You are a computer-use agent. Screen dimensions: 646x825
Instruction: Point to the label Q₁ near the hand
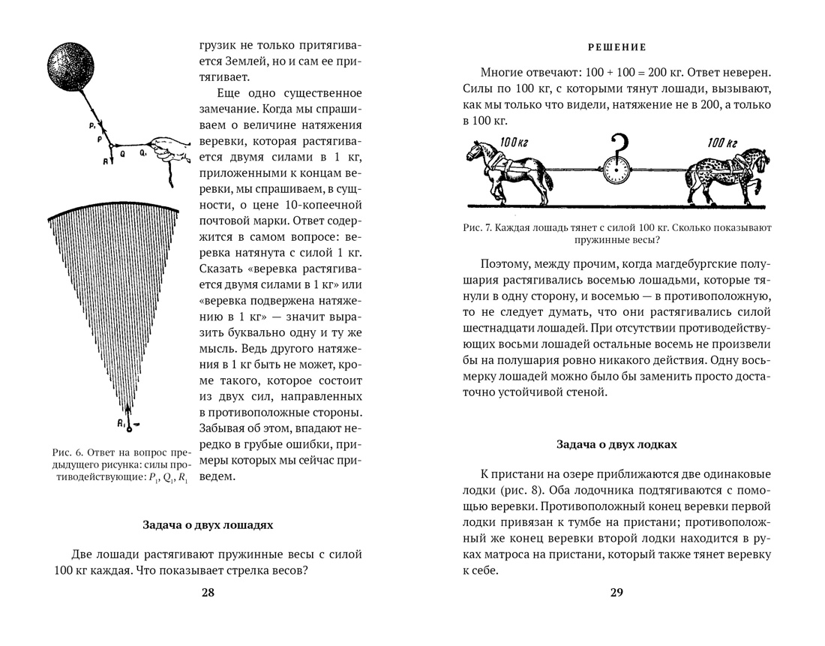142,152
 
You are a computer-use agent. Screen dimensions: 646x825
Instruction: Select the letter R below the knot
106,160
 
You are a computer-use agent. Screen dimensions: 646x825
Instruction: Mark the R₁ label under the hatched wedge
120,425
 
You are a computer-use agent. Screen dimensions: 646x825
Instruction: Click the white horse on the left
509,169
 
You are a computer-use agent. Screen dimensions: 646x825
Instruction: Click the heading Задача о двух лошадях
208,524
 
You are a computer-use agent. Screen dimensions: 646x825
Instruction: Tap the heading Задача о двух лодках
616,444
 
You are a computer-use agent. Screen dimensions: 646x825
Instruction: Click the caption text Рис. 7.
475,227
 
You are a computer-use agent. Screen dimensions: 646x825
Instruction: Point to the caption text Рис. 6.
68,453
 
